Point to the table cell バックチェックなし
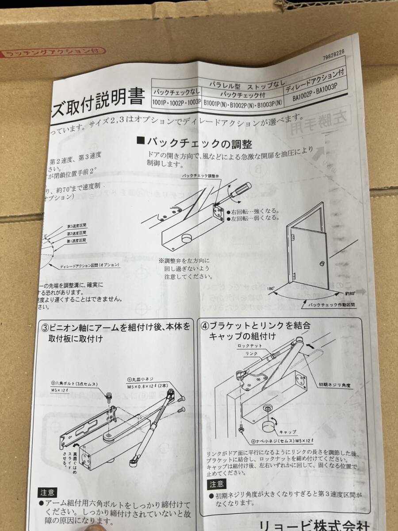click(x=176, y=92)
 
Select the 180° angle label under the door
click(x=271, y=288)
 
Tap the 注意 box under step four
click(x=217, y=484)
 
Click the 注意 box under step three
click(x=47, y=492)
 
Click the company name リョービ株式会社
click(x=321, y=523)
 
